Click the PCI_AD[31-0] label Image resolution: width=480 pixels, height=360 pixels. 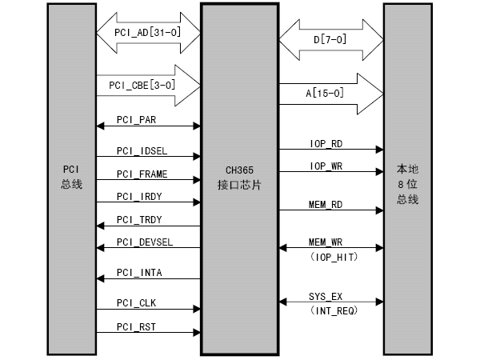click(x=146, y=33)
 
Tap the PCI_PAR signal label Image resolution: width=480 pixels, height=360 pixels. click(x=136, y=119)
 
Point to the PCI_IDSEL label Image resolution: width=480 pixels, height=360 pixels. click(x=142, y=151)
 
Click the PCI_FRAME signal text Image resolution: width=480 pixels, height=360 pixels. click(x=142, y=174)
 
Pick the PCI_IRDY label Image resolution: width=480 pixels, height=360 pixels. click(x=139, y=197)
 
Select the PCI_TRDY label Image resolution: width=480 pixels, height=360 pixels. click(x=139, y=220)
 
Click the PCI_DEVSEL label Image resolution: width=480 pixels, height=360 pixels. click(x=144, y=242)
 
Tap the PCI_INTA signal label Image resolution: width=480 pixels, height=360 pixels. click(x=139, y=273)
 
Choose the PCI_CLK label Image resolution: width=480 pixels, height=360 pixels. click(x=136, y=302)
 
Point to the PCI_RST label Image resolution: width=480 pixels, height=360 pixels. click(x=136, y=326)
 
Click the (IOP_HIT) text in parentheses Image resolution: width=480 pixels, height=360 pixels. click(x=330, y=257)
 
